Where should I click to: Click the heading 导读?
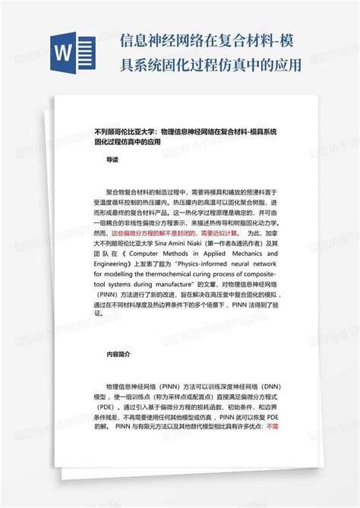[x=112, y=159]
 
